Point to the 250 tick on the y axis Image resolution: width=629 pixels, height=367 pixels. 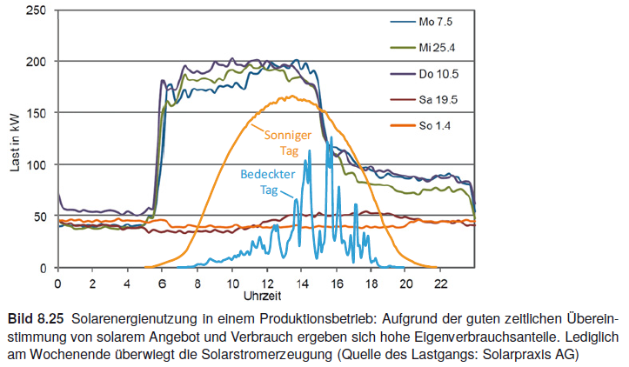[x=36, y=10]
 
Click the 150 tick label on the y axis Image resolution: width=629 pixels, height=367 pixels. [x=36, y=113]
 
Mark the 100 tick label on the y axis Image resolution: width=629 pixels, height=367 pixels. [x=36, y=164]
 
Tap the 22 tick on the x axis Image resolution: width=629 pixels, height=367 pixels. [x=441, y=283]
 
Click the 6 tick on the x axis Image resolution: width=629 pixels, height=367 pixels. [x=162, y=283]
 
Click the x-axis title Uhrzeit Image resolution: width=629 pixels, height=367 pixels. [x=265, y=297]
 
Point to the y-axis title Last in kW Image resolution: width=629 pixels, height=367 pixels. [x=15, y=139]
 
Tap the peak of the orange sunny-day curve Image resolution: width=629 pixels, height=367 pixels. [x=292, y=97]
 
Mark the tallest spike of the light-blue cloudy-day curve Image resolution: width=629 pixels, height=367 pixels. [x=330, y=137]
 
